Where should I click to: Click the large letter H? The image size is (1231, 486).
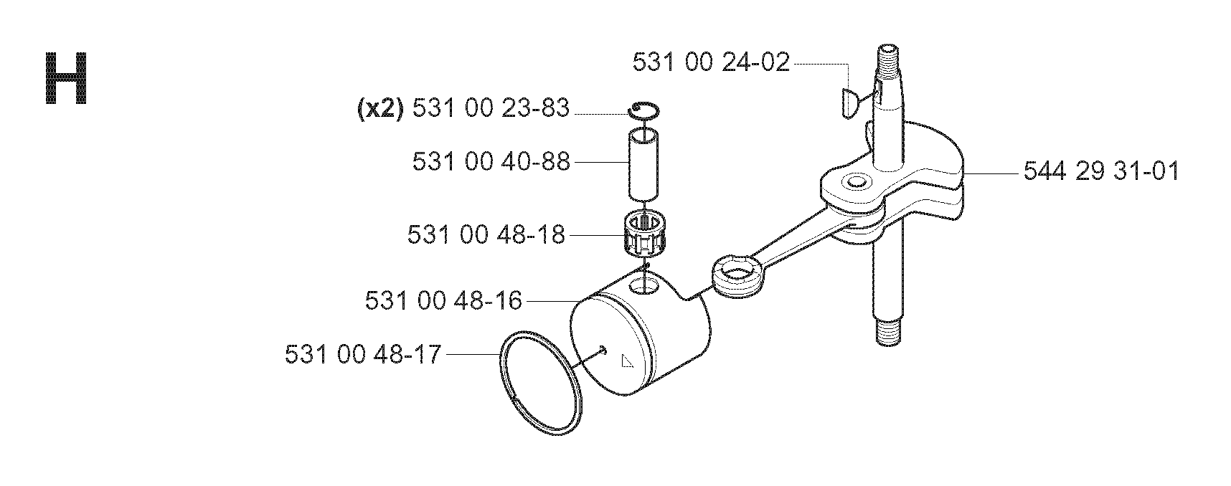point(66,78)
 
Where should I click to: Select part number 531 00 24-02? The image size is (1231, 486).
point(711,62)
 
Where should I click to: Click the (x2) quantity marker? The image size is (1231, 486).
point(380,108)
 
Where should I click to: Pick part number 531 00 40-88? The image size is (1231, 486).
point(491,161)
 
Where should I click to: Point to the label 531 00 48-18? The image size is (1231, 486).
point(486,234)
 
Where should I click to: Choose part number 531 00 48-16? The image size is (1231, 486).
point(443,300)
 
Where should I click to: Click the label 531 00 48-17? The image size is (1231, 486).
point(363,354)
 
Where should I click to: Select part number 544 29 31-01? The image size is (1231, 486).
point(1100,172)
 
